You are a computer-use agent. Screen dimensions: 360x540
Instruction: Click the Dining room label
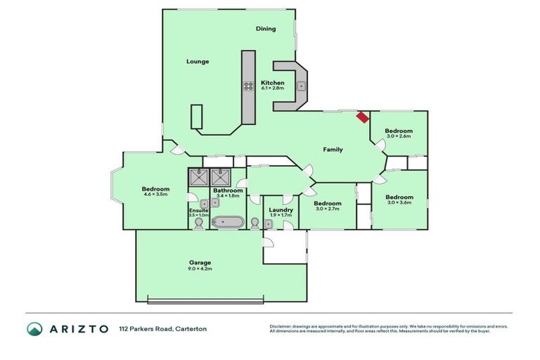pos(266,29)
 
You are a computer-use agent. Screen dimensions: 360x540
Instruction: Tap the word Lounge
pos(198,62)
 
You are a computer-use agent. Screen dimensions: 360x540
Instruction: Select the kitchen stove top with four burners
pos(248,86)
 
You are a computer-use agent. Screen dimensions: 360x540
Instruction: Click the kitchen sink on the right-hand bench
pos(300,86)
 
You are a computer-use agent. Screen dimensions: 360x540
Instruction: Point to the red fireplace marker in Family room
pos(362,117)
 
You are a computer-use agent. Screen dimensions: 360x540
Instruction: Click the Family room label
pos(333,149)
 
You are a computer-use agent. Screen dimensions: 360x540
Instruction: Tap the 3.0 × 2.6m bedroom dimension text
pos(398,138)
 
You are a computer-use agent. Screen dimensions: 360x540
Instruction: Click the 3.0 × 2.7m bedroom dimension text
pos(327,209)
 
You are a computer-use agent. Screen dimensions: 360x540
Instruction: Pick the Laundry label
pos(281,210)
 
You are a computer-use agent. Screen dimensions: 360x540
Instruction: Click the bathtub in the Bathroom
pos(228,223)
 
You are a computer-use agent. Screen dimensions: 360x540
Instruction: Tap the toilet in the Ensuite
pos(198,223)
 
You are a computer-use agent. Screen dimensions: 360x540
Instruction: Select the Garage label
pos(200,262)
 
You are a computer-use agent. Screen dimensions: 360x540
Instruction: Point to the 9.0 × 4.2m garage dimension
pos(200,269)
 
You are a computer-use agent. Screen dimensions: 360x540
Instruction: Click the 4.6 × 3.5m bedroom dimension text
pos(155,195)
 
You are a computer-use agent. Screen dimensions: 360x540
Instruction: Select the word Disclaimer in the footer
pos(282,326)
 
